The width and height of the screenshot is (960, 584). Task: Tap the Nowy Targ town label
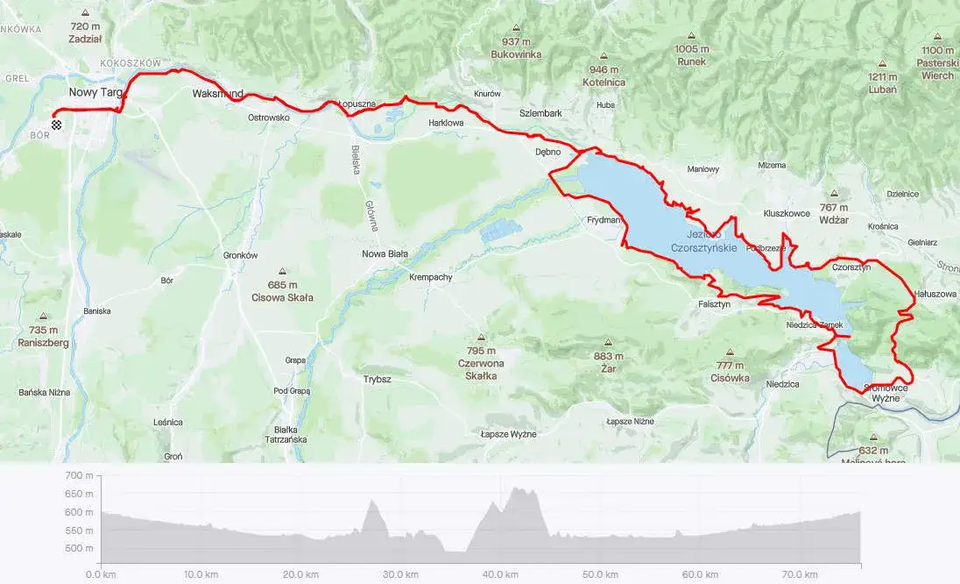[x=95, y=92]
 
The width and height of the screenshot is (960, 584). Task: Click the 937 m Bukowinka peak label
[x=516, y=48]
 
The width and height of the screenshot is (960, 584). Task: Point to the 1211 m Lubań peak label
[x=882, y=82]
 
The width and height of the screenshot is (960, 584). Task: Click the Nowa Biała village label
[x=385, y=254]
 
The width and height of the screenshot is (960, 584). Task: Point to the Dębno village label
[x=547, y=152]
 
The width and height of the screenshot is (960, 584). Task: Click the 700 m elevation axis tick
[x=79, y=475]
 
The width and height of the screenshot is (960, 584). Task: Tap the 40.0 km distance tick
[x=500, y=574]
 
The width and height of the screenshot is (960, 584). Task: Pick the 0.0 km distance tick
[x=102, y=574]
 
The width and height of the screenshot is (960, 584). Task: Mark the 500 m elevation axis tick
[x=79, y=549]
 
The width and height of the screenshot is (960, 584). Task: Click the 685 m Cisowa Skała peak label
[x=282, y=291]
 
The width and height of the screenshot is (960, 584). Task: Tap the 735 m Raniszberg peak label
[x=43, y=337]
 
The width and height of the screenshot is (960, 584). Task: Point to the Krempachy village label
[x=430, y=278]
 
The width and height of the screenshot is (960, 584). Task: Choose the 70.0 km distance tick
[x=799, y=574]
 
